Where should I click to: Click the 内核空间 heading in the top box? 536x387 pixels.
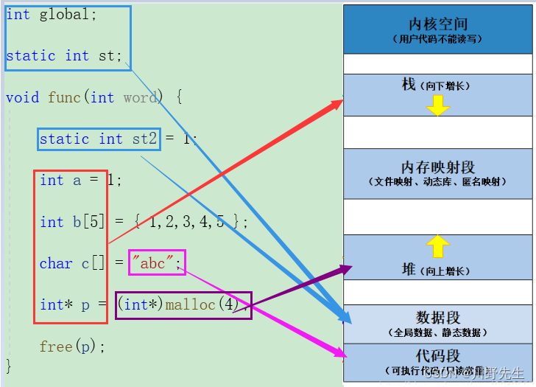[x=438, y=24]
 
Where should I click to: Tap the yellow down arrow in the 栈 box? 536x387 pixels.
[x=438, y=105]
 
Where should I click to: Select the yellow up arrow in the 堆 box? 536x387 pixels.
[x=438, y=245]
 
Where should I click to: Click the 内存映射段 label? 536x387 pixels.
[x=438, y=167]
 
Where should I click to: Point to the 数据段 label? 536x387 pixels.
[x=438, y=318]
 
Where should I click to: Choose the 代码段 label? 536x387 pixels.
[x=438, y=356]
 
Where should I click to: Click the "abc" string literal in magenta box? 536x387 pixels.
[x=156, y=263]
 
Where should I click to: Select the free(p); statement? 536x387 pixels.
[x=73, y=346]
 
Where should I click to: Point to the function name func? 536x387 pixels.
[x=65, y=97]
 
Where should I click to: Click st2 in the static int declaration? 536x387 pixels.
[x=145, y=139]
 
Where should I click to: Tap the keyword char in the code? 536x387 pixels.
[x=56, y=263]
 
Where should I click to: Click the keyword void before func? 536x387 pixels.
[x=22, y=97]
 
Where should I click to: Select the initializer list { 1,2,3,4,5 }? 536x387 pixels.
[x=188, y=222]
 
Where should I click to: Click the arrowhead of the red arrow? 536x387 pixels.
[x=339, y=102]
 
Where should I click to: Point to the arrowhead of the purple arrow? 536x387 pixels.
[x=348, y=268]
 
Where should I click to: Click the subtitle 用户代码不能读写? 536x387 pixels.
[x=438, y=39]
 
